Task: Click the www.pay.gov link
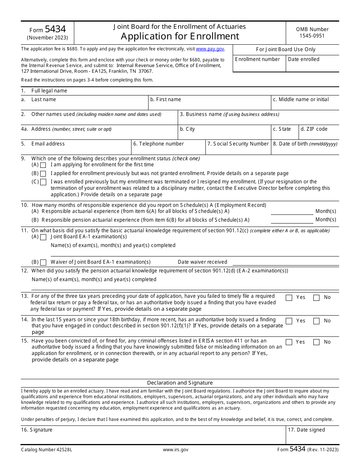pos(210,49)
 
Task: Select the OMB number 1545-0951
pos(312,36)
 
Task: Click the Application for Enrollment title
pos(180,36)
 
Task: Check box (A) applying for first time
pos(43,165)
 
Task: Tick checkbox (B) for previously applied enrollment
pos(43,174)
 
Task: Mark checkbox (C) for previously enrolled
pos(43,182)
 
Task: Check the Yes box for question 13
pos(289,298)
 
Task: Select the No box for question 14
pos(316,321)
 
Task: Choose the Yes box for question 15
pos(289,342)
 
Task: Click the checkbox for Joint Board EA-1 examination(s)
pos(43,237)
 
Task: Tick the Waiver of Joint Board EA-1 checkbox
pos(43,262)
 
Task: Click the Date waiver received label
pos(202,262)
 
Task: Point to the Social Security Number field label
pos(238,144)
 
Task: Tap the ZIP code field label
pos(314,129)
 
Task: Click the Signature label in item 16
pos(37,430)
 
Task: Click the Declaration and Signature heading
pos(180,383)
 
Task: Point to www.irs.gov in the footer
pos(175,450)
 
